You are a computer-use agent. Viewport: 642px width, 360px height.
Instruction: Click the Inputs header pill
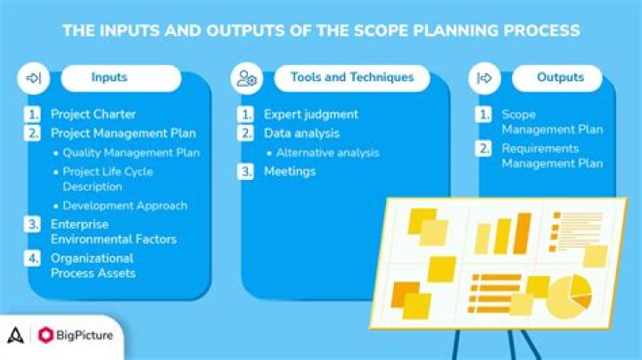point(109,78)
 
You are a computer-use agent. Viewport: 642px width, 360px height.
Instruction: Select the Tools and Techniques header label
point(351,78)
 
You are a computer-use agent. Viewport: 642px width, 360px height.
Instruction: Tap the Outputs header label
point(559,78)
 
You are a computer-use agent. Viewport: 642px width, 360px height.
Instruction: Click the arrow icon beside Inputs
point(34,78)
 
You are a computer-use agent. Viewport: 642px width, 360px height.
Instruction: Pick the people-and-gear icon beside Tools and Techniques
point(247,78)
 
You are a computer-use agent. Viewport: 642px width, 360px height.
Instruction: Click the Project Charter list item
point(93,114)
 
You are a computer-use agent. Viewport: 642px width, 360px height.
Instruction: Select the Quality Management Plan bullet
point(131,152)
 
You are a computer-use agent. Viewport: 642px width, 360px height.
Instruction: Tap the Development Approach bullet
point(125,205)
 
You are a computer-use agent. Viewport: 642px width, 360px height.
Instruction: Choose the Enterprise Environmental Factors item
point(113,232)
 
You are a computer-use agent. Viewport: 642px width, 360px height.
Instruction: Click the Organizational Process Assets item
point(93,266)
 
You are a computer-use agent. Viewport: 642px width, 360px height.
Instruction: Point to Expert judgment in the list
point(310,114)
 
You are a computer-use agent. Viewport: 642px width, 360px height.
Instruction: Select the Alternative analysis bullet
point(326,152)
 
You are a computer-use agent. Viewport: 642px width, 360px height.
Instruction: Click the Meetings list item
point(289,171)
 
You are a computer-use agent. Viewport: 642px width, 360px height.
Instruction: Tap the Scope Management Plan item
point(551,122)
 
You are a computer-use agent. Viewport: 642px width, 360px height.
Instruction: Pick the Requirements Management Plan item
point(551,156)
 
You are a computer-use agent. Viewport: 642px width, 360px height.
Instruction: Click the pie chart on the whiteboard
point(568,296)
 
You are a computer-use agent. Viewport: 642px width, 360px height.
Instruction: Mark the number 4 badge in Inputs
point(33,258)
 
